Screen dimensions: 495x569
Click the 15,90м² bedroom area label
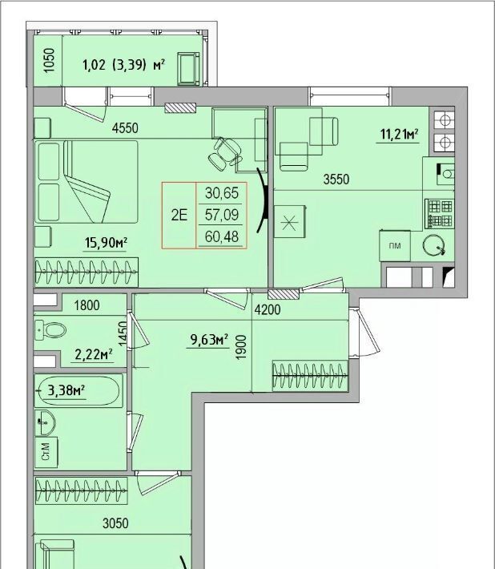(106, 242)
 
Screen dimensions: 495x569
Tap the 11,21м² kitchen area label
(399, 135)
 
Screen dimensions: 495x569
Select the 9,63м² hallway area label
(209, 340)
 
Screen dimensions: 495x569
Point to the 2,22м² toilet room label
(93, 354)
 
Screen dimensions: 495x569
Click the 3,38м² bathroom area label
(66, 391)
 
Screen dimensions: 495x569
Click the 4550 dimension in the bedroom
(125, 128)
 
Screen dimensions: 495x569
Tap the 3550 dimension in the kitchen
(336, 180)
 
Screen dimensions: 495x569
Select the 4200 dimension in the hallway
(268, 310)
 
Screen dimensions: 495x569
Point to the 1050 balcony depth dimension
(49, 60)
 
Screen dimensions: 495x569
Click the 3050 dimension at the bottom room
(115, 523)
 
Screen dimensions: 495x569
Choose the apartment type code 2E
(179, 216)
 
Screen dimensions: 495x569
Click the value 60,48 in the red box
(222, 237)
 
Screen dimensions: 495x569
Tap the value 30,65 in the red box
(222, 193)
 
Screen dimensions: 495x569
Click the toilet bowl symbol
(50, 330)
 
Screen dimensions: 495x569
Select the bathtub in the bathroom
(78, 391)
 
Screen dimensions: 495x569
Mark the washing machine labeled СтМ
(46, 452)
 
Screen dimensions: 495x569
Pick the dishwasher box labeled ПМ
(395, 246)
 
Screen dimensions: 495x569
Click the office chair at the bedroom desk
(226, 154)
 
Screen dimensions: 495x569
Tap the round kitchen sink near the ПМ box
(433, 244)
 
